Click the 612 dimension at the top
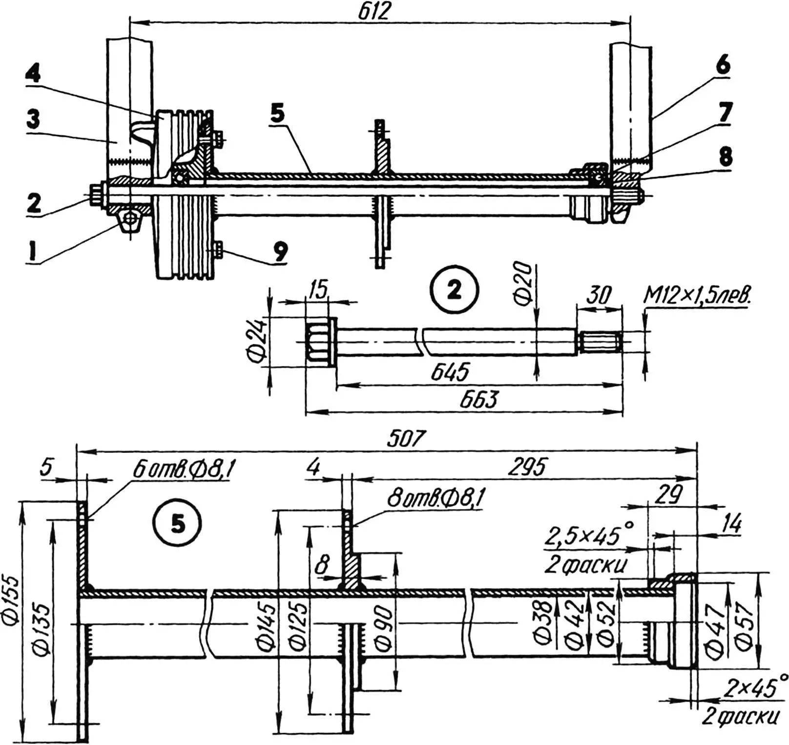click(375, 11)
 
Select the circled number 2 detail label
click(454, 290)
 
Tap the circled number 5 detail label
click(178, 524)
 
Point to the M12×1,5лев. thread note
click(697, 296)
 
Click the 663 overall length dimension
click(478, 400)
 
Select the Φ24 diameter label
click(257, 340)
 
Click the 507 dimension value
click(407, 438)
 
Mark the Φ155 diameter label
click(12, 601)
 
